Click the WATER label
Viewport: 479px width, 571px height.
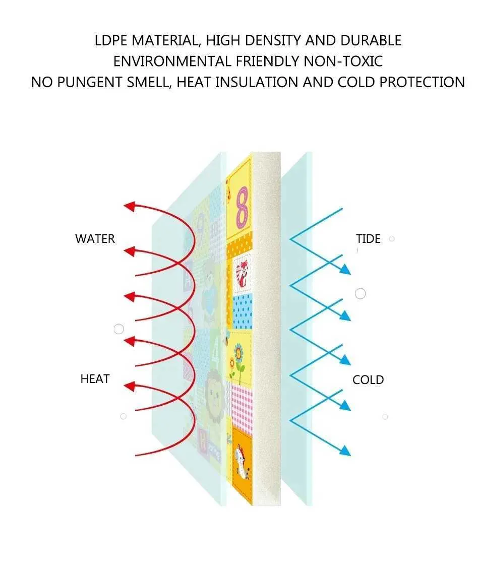point(95,238)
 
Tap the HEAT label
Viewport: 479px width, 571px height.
point(95,378)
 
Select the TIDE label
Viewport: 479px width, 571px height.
point(368,238)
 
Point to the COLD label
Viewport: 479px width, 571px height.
point(368,380)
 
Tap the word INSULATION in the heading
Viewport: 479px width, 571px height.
point(257,82)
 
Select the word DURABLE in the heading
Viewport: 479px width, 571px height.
point(371,40)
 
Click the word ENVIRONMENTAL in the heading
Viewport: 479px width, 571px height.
point(172,61)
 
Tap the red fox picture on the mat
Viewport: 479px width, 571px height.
point(243,273)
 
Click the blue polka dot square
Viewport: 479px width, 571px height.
point(242,311)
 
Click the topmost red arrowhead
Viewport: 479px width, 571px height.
point(130,207)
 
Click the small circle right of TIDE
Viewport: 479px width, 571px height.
point(392,239)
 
